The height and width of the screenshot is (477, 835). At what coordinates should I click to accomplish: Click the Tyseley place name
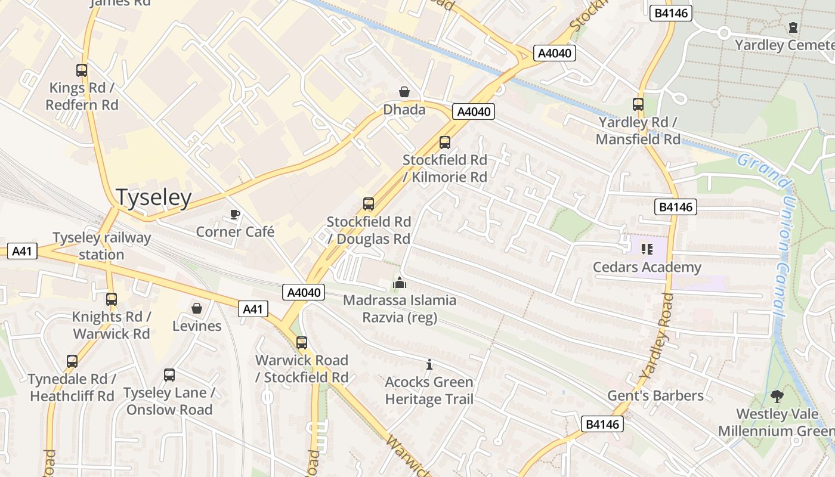pyautogui.click(x=154, y=197)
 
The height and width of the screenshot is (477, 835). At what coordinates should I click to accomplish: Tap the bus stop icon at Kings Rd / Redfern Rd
pyautogui.click(x=82, y=70)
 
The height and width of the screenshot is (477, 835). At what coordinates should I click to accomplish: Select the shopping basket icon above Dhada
pyautogui.click(x=404, y=92)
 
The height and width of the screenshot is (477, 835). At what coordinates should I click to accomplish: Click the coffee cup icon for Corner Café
pyautogui.click(x=235, y=214)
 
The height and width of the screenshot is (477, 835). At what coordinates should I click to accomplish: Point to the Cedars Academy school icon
pyautogui.click(x=647, y=249)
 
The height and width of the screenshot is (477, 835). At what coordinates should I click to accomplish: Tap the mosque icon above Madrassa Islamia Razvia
pyautogui.click(x=400, y=282)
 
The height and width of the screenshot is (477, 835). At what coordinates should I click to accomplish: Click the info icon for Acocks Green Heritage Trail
pyautogui.click(x=429, y=364)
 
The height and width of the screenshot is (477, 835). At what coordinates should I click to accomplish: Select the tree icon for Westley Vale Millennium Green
pyautogui.click(x=777, y=396)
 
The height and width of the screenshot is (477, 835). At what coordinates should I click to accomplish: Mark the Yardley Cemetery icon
pyautogui.click(x=793, y=27)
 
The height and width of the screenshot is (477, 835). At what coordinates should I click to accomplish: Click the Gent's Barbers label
pyautogui.click(x=655, y=396)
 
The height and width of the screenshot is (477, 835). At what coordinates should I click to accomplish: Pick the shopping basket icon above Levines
pyautogui.click(x=197, y=308)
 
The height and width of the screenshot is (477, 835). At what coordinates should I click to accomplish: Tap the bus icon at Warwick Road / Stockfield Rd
pyautogui.click(x=302, y=343)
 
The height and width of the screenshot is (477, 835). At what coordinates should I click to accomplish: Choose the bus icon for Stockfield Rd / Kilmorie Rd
pyautogui.click(x=445, y=143)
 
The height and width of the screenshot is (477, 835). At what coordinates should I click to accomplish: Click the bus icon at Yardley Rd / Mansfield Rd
pyautogui.click(x=638, y=104)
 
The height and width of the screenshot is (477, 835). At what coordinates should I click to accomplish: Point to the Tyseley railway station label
pyautogui.click(x=102, y=246)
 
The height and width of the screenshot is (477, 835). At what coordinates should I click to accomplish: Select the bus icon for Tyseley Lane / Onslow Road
pyautogui.click(x=169, y=375)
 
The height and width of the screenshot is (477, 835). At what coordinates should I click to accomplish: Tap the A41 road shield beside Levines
pyautogui.click(x=253, y=309)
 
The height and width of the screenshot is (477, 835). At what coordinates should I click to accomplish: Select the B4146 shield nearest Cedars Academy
pyautogui.click(x=676, y=207)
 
